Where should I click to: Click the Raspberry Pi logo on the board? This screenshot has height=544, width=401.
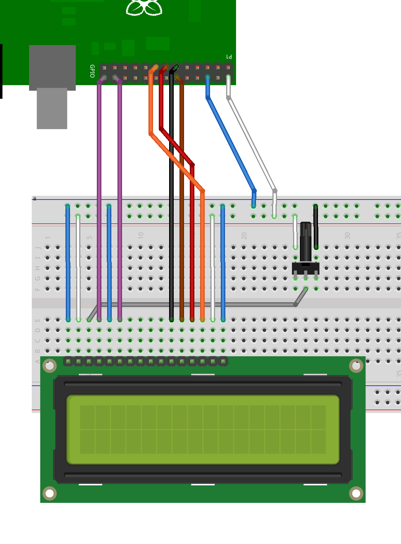tap(144, 8)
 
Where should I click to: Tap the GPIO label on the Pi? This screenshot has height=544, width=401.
tap(92, 71)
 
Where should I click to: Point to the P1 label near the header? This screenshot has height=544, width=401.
tap(229, 57)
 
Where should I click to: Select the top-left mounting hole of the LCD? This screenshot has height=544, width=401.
tap(49, 366)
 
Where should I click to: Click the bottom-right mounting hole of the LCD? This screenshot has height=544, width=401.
tap(356, 493)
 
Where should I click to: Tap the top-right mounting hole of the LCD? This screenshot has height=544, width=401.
tap(356, 366)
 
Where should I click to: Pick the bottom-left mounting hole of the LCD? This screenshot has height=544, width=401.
tap(49, 493)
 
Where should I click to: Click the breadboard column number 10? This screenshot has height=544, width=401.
tap(141, 235)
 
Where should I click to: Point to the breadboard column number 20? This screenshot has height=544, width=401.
tap(244, 235)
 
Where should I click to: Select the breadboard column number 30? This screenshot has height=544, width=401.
tap(347, 235)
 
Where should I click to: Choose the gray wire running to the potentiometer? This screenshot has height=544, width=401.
tap(199, 305)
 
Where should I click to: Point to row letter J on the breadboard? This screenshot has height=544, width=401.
tap(37, 247)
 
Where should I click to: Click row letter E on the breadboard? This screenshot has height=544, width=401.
tap(37, 320)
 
